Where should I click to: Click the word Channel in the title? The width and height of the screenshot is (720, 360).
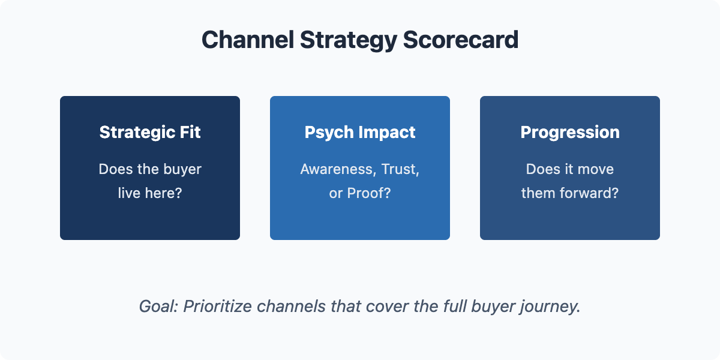coord(248,40)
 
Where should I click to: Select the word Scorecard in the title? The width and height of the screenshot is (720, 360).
coord(461,40)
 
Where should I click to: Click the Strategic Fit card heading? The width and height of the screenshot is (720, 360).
coord(150,133)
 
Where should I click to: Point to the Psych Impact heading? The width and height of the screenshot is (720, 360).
coord(360,133)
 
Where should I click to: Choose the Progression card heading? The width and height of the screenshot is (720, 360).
coord(570,133)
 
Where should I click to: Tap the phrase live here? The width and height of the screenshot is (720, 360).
coord(150,193)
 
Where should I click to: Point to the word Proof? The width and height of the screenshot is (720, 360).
coord(369,193)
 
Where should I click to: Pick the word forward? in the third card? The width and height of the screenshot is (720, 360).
coord(589,193)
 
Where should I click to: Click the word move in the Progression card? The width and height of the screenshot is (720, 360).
coord(596,169)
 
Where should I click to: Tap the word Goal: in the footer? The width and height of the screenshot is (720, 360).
coord(158,306)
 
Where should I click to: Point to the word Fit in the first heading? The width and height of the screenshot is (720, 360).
coord(190,132)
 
